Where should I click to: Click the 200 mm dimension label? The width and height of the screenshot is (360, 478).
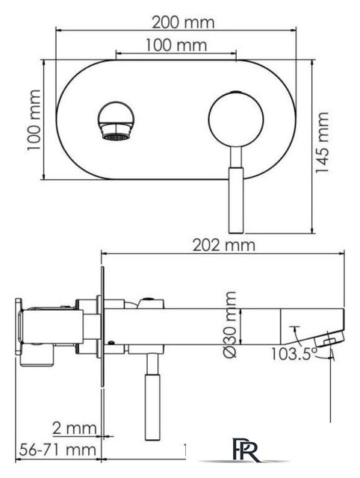click(x=183, y=22)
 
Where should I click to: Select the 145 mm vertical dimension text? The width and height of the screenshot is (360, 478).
click(x=322, y=143)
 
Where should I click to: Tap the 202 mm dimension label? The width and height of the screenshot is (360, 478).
click(x=224, y=245)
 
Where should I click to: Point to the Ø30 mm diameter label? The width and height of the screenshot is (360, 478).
click(x=230, y=325)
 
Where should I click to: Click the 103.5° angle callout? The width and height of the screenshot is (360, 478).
click(x=294, y=353)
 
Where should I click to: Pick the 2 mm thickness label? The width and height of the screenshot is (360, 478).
click(x=75, y=428)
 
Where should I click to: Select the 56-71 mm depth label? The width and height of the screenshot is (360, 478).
click(x=58, y=450)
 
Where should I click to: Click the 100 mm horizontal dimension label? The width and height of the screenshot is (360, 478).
click(x=176, y=45)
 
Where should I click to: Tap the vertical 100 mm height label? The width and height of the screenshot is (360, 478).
click(x=34, y=119)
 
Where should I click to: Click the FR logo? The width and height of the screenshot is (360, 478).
click(x=246, y=450)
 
